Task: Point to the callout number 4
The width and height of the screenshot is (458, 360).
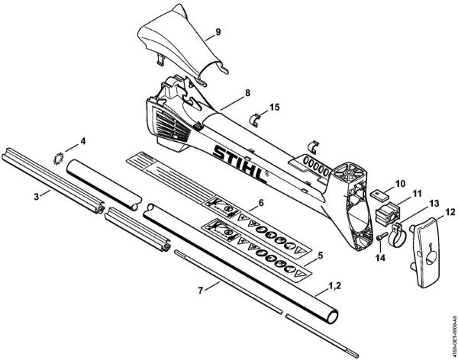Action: [x=83, y=140]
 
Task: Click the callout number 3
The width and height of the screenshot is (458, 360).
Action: [x=37, y=196]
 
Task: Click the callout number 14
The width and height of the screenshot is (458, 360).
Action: [x=379, y=257]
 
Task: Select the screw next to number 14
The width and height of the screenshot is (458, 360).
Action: [x=379, y=240]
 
